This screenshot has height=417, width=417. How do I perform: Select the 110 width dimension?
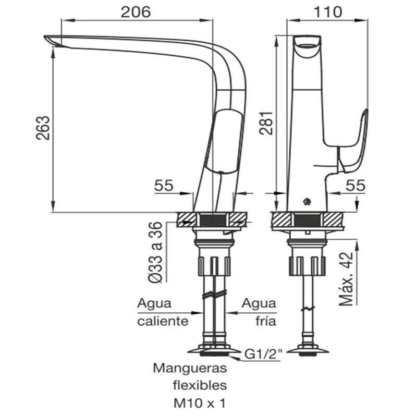327,11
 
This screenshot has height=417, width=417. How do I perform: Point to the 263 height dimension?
44,128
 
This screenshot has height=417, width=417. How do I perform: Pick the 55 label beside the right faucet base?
355,185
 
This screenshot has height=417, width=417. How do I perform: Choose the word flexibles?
200,386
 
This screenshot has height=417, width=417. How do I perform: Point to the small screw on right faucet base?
308,201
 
